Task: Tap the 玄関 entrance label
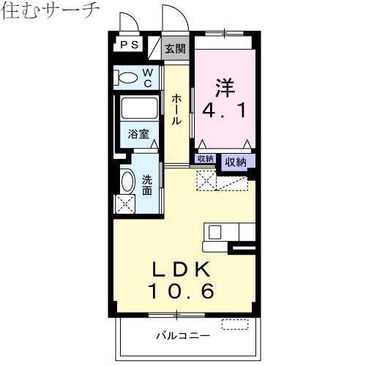click(x=174, y=49)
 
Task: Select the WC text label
click(x=147, y=78)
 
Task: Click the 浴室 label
click(x=138, y=135)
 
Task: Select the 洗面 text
click(x=148, y=184)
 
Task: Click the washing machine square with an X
click(x=125, y=203)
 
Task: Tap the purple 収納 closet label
click(x=235, y=162)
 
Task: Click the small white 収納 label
click(x=205, y=159)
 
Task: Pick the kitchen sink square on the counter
click(x=215, y=232)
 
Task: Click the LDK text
click(x=182, y=268)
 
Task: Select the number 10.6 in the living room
click(x=182, y=291)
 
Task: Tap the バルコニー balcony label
click(x=182, y=337)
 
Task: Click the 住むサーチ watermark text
click(x=51, y=12)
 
